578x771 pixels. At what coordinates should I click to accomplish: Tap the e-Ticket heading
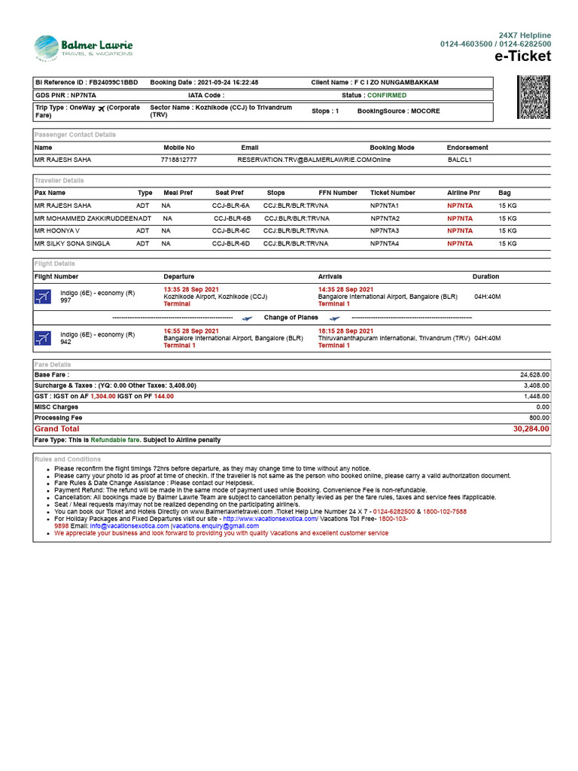tap(522, 56)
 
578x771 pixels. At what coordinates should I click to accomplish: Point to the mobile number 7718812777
tap(179, 160)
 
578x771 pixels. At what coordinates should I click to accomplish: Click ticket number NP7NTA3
tap(385, 231)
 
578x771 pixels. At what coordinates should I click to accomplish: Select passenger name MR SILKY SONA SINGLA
tap(72, 244)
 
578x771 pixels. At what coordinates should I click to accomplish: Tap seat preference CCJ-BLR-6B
tap(232, 218)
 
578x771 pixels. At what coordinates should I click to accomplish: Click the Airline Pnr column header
tap(463, 193)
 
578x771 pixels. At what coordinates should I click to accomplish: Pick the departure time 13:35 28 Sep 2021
tap(191, 289)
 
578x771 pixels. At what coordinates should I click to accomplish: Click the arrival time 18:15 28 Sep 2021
tap(345, 331)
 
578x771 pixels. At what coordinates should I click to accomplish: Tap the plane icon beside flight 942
tap(43, 338)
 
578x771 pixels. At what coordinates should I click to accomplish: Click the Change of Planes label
tap(291, 318)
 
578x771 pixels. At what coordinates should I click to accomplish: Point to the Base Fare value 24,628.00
tap(534, 374)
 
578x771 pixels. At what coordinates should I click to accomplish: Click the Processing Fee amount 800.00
tap(539, 417)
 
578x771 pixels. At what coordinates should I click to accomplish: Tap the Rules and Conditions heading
tap(68, 459)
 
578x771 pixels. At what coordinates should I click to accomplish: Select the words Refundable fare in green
tap(115, 440)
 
